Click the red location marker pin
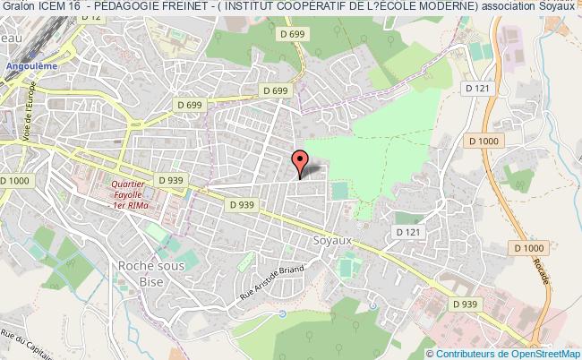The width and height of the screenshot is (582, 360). (300, 161)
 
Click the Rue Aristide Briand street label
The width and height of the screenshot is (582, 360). (272, 283)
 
